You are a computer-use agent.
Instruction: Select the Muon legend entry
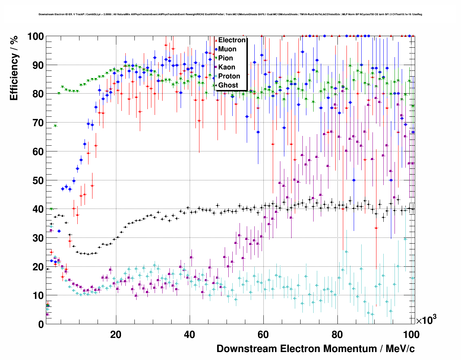click(227, 49)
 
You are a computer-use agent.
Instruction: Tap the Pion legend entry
click(225, 58)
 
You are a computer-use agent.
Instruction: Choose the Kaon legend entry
click(227, 67)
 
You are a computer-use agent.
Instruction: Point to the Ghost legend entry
click(228, 85)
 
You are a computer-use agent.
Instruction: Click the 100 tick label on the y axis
click(35, 37)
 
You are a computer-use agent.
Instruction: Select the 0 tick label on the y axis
click(41, 324)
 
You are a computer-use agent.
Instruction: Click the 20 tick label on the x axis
click(116, 335)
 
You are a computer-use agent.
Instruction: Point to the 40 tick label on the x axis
click(189, 335)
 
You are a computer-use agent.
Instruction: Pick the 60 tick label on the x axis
click(263, 335)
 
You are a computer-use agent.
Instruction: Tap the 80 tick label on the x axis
click(337, 335)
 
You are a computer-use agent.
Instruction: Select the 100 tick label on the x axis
click(411, 335)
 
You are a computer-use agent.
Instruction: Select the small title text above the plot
click(230, 14)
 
